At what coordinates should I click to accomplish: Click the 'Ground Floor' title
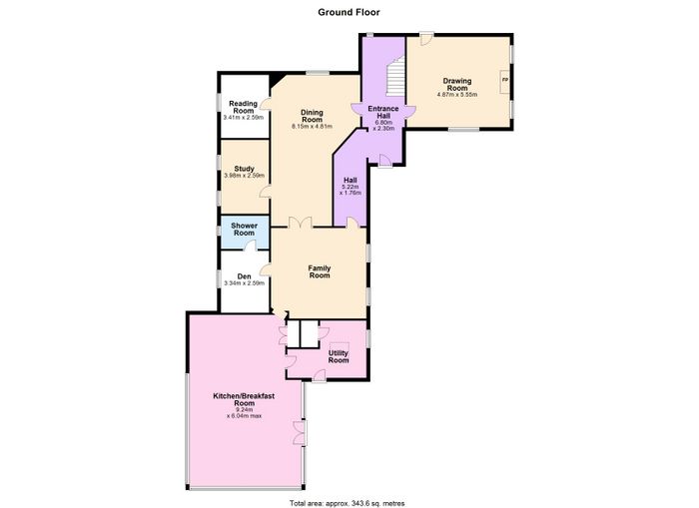[x=349, y=12]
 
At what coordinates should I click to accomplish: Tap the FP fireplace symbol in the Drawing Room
[x=504, y=80]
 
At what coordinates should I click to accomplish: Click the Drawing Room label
[x=457, y=84]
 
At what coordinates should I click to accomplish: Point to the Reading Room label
[x=243, y=107]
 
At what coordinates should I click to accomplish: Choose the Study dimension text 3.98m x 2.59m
[x=244, y=176]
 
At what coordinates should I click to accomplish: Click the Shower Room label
[x=245, y=229]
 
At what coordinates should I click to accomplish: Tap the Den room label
[x=244, y=276]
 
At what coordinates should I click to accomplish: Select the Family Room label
[x=320, y=271]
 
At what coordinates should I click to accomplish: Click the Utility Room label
[x=339, y=356]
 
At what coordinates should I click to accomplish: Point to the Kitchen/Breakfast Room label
[x=244, y=399]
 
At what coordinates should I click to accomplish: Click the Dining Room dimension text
[x=312, y=126]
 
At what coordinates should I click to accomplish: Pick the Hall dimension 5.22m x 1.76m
[x=350, y=190]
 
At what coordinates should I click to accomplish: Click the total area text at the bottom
[x=348, y=503]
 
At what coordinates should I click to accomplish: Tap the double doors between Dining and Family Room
[x=300, y=223]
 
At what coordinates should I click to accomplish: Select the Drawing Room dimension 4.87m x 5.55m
[x=457, y=95]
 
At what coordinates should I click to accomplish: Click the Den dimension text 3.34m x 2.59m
[x=244, y=283]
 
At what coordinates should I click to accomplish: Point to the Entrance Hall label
[x=383, y=112]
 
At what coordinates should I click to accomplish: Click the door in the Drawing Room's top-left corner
[x=425, y=39]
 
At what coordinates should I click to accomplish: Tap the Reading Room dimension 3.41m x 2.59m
[x=243, y=118]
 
